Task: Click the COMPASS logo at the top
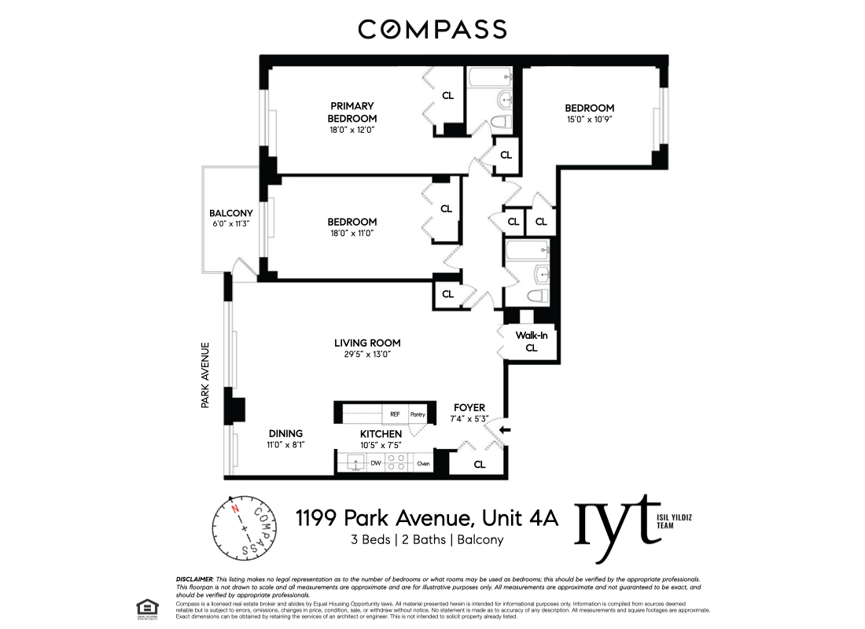[432, 30]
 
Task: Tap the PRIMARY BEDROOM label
[352, 112]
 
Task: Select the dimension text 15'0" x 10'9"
[589, 120]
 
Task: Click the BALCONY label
[230, 213]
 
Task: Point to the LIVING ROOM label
[367, 343]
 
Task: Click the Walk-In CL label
[531, 341]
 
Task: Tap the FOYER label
[469, 407]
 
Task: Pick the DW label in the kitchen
[376, 464]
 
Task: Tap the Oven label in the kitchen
[423, 464]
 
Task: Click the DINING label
[285, 433]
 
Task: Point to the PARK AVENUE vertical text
[204, 374]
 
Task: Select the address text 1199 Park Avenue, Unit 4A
[426, 518]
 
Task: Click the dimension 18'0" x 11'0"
[352, 234]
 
